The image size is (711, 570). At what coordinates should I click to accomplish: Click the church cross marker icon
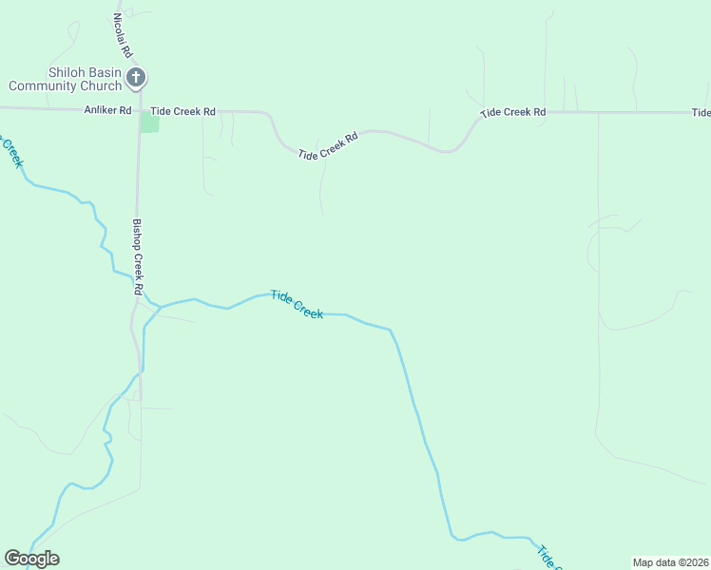tap(136, 78)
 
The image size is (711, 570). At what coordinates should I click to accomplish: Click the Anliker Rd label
tap(107, 110)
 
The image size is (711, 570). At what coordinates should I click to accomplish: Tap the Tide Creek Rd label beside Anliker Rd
tap(183, 111)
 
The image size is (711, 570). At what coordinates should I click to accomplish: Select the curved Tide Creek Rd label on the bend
tap(328, 145)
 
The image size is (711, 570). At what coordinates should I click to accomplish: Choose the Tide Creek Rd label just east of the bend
tap(513, 112)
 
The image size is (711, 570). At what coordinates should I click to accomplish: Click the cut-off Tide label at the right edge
tap(701, 112)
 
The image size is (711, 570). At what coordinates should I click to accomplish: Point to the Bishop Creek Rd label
tap(138, 256)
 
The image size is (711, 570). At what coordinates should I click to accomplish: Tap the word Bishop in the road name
tap(137, 235)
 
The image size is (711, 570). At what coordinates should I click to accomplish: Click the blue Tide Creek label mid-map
tap(297, 304)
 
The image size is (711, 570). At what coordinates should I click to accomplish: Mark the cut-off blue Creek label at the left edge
tap(11, 150)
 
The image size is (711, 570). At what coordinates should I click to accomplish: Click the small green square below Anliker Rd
tap(150, 123)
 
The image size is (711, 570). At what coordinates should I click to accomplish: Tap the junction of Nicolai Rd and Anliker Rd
tap(139, 110)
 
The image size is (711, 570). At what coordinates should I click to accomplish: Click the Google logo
tap(31, 559)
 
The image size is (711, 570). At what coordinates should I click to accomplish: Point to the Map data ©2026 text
tap(671, 561)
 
